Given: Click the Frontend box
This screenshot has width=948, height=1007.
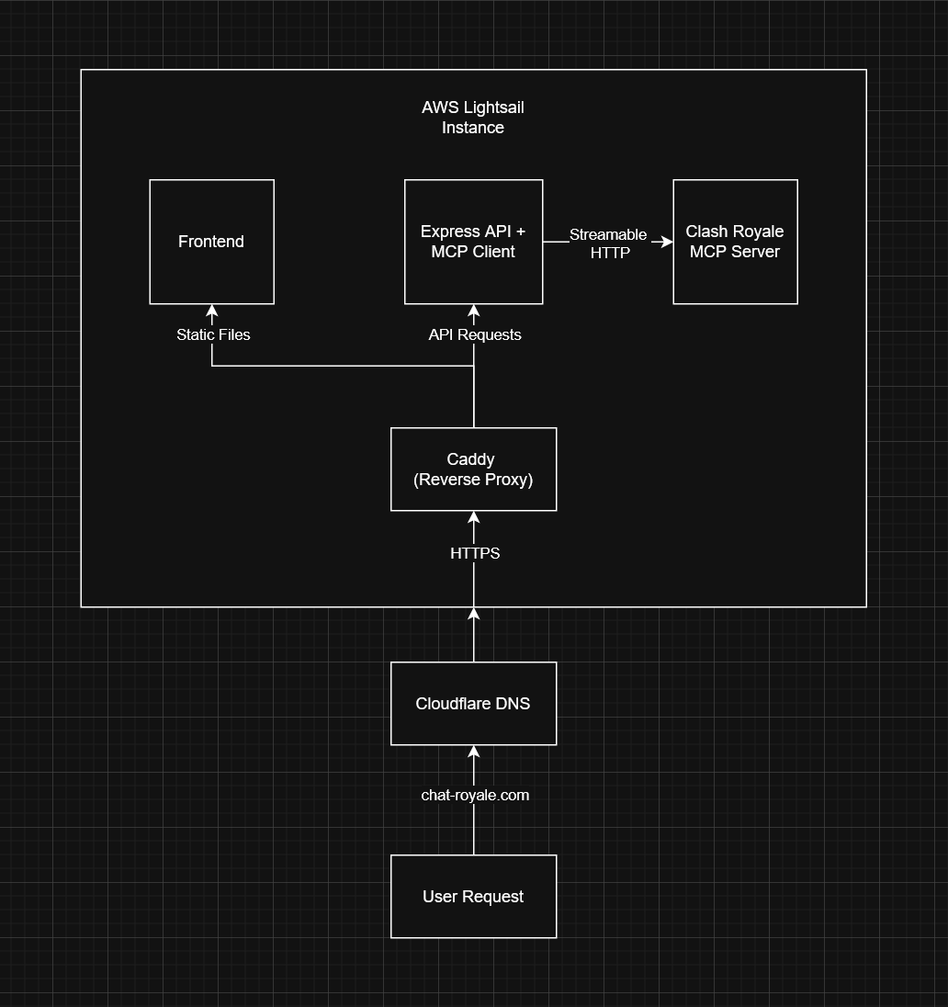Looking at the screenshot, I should (x=211, y=242).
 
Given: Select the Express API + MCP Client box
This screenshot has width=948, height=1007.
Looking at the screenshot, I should (x=473, y=242).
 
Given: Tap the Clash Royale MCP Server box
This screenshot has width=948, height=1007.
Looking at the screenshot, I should (x=735, y=242).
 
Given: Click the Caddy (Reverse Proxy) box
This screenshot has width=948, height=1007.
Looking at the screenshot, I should (x=473, y=469).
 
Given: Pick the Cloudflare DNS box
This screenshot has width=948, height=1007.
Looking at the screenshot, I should (x=473, y=704).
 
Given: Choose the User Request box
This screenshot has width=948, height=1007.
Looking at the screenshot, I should (x=473, y=897).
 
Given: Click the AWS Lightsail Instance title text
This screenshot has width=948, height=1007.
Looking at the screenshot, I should (x=473, y=118).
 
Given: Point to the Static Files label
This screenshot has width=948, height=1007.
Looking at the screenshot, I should (x=213, y=335).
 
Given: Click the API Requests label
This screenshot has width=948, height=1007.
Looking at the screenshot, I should (x=475, y=335).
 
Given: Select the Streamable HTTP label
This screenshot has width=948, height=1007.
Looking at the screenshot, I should (x=608, y=243).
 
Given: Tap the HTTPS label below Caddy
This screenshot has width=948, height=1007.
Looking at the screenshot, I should (x=475, y=553).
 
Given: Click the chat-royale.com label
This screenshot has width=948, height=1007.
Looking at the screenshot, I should (x=475, y=796).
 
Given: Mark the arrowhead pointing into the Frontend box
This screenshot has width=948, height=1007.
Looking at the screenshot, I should (x=212, y=311).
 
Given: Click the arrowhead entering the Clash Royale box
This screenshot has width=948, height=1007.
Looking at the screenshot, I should (x=667, y=242).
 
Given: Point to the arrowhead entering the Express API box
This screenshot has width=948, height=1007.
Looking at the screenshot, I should (x=474, y=311).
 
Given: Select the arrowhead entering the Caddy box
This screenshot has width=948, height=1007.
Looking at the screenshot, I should (x=474, y=517).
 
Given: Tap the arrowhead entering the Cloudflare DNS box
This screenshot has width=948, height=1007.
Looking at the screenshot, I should (x=474, y=752).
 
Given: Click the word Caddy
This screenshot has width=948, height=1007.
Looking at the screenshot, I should (x=470, y=459).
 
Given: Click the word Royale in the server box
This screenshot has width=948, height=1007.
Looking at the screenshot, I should (x=758, y=232).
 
